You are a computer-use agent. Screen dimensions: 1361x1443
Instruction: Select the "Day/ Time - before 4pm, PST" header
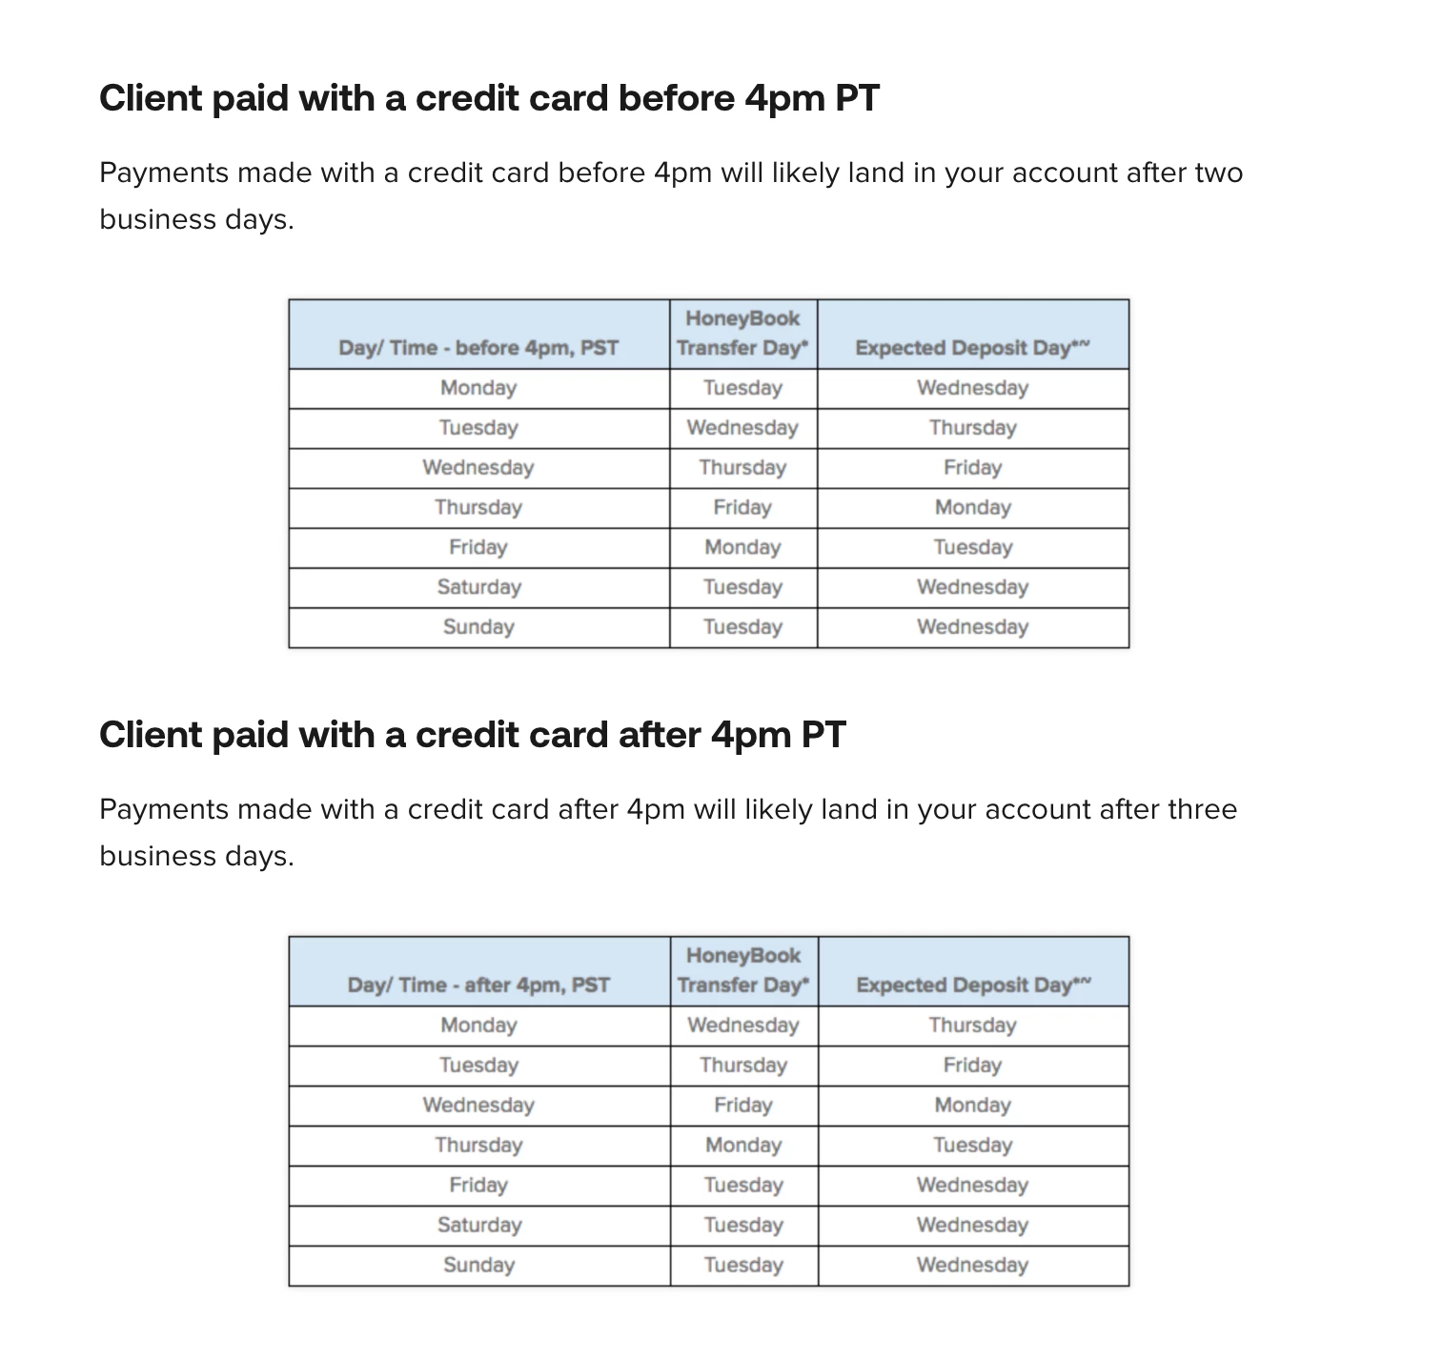[x=478, y=348]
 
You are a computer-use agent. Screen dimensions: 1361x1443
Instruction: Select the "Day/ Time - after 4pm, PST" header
[x=478, y=985]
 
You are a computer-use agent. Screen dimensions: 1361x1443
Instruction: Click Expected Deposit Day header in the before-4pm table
[x=972, y=348]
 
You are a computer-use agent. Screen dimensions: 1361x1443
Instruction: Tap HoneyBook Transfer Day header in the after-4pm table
[x=743, y=970]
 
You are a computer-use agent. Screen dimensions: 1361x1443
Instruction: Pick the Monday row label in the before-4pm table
[x=478, y=388]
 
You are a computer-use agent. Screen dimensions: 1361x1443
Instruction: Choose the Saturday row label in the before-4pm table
[x=478, y=587]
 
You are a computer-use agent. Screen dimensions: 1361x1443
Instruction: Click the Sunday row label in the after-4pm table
[x=478, y=1265]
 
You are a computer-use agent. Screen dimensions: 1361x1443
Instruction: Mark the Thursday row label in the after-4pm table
[x=478, y=1145]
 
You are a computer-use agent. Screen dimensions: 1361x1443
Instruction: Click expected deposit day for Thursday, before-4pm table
[x=972, y=507]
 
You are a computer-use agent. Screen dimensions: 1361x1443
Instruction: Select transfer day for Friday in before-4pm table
[x=742, y=547]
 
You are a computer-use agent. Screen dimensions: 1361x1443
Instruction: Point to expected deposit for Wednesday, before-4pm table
[x=972, y=467]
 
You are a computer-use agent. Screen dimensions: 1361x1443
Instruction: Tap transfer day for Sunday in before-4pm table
[x=742, y=627]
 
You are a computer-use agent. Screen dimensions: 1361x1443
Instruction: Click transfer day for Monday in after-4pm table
[x=743, y=1026]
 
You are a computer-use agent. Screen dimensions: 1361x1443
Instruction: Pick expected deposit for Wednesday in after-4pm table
[x=972, y=1105]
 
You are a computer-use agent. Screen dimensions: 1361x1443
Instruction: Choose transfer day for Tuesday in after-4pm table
[x=743, y=1065]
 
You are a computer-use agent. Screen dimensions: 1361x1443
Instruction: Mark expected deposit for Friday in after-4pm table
[x=972, y=1185]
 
